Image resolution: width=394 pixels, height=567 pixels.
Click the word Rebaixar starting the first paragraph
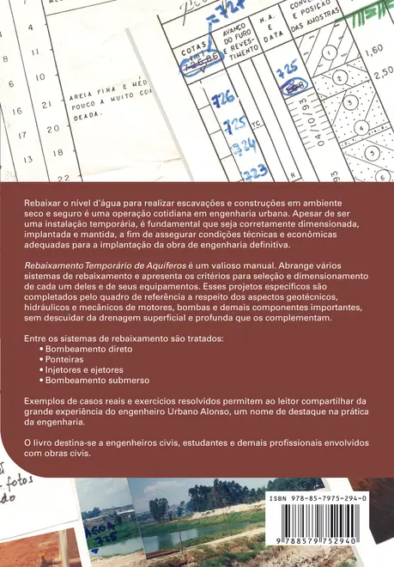tap(41, 199)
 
